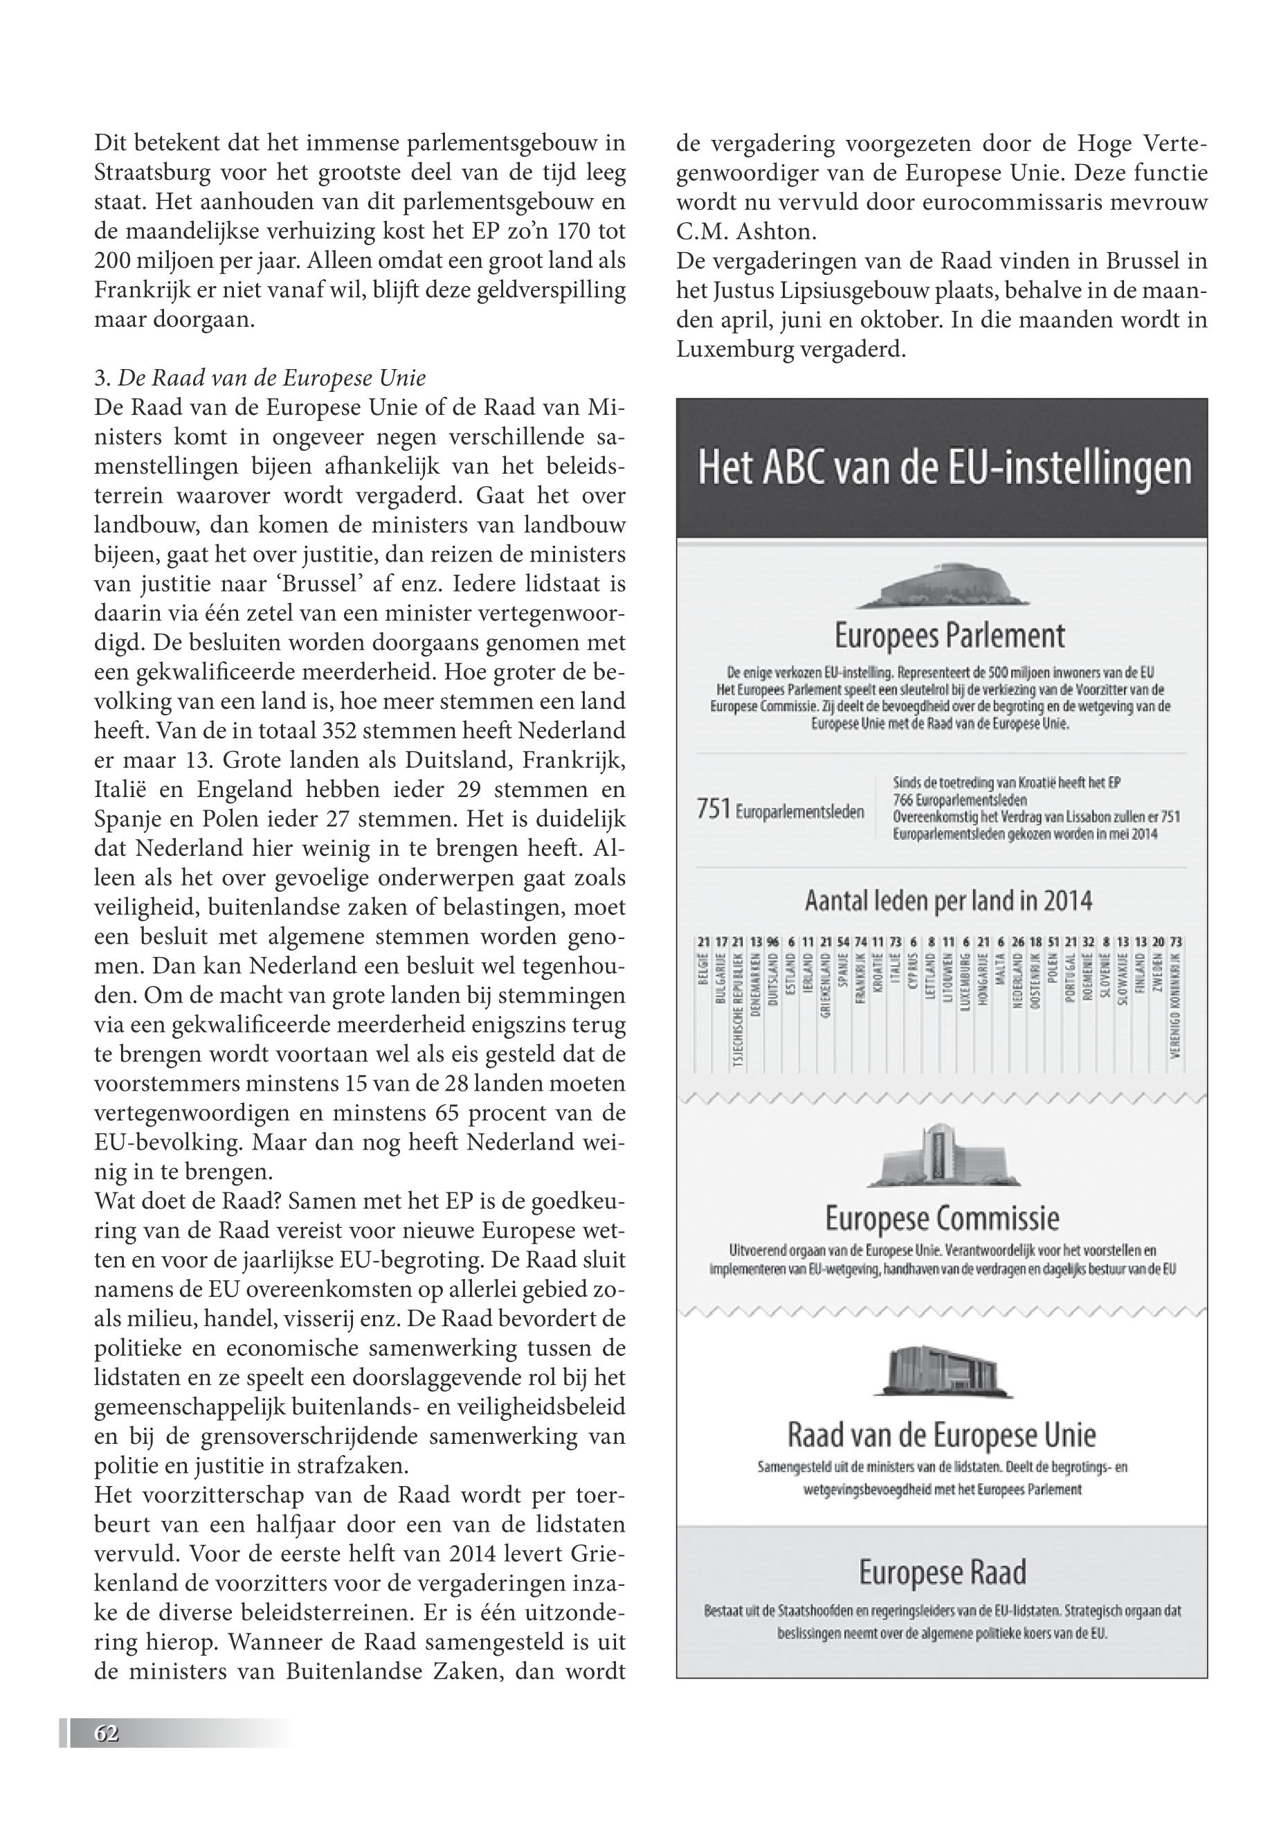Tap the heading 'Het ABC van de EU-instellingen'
[x=944, y=469]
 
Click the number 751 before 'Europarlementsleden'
[x=714, y=810]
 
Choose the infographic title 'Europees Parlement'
[x=949, y=636]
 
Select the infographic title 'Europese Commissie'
[x=942, y=1218]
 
